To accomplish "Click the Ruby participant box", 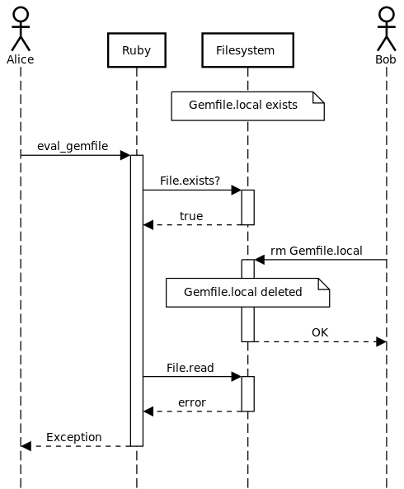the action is coord(137,50).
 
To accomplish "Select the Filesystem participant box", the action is coord(248,50).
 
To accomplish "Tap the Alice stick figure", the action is coord(21,30).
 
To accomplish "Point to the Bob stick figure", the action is coord(387,30).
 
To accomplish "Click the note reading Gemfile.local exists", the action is coord(248,106).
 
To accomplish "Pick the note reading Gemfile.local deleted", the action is coord(248,293).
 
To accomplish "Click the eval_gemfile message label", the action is coord(73,146).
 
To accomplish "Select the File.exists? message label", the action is coord(190,181).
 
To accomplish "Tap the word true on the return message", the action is coord(191,216).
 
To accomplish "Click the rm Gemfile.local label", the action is coord(317,251).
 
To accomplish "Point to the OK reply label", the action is coord(320,332).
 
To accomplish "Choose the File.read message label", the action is coord(190,368).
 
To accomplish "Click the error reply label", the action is coord(192,402).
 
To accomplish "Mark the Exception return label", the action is coord(74,437).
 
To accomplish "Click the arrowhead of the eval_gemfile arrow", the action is coord(125,155).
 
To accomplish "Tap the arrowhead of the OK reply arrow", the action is coord(381,341).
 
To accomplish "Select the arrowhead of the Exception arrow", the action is coord(26,446).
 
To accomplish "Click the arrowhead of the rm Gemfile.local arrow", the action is coord(260,260).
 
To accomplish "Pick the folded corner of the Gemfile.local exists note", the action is coord(318,97).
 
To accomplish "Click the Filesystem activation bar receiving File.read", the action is coord(248,394).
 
